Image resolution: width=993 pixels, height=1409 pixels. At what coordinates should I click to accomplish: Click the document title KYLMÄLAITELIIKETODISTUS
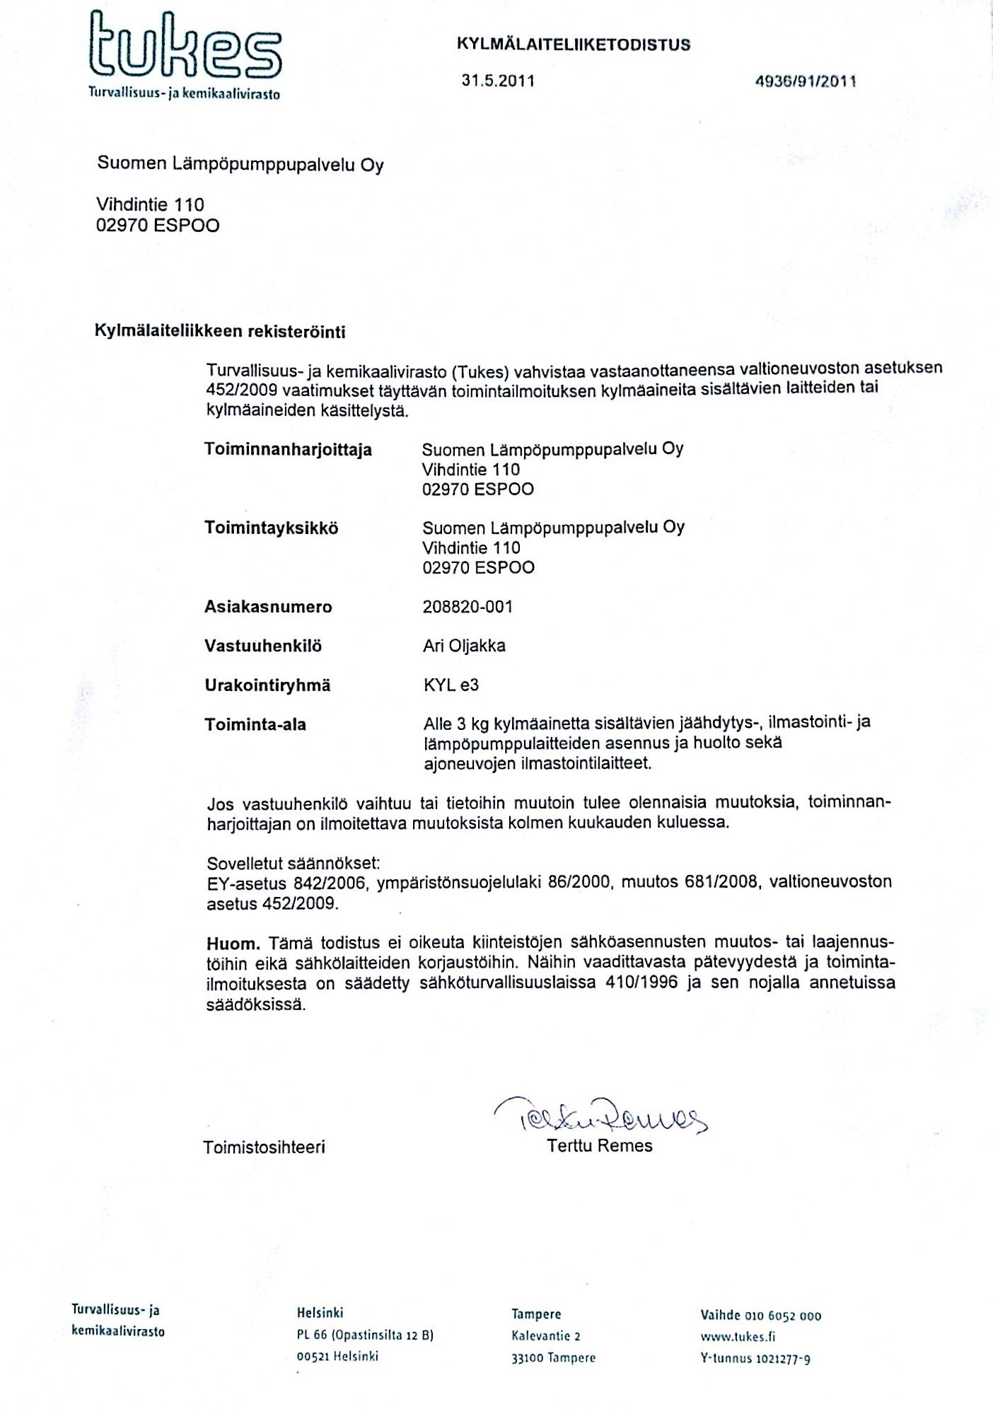[574, 45]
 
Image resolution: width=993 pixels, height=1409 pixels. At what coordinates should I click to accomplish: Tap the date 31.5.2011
[498, 81]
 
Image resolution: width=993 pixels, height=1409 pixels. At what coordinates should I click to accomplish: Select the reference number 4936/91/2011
[806, 81]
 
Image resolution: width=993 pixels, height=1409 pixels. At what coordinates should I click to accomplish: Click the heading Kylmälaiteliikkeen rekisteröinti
[220, 331]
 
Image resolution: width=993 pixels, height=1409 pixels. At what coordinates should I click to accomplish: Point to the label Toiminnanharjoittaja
[288, 450]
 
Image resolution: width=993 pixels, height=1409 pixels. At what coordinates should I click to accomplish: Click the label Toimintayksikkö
[271, 528]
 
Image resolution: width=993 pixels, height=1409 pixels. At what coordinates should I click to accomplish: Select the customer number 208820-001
[467, 607]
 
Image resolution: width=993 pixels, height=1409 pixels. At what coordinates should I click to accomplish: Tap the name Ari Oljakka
[463, 646]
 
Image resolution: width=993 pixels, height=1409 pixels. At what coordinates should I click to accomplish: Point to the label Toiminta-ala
[255, 724]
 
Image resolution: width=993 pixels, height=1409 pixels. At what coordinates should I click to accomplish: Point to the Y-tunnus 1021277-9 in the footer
[755, 1358]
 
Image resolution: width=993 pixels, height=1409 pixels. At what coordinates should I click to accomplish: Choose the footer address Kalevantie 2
[545, 1336]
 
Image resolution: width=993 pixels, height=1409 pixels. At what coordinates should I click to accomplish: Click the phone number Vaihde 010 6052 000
[760, 1316]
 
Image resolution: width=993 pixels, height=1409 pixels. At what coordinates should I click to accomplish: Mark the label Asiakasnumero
[268, 607]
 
